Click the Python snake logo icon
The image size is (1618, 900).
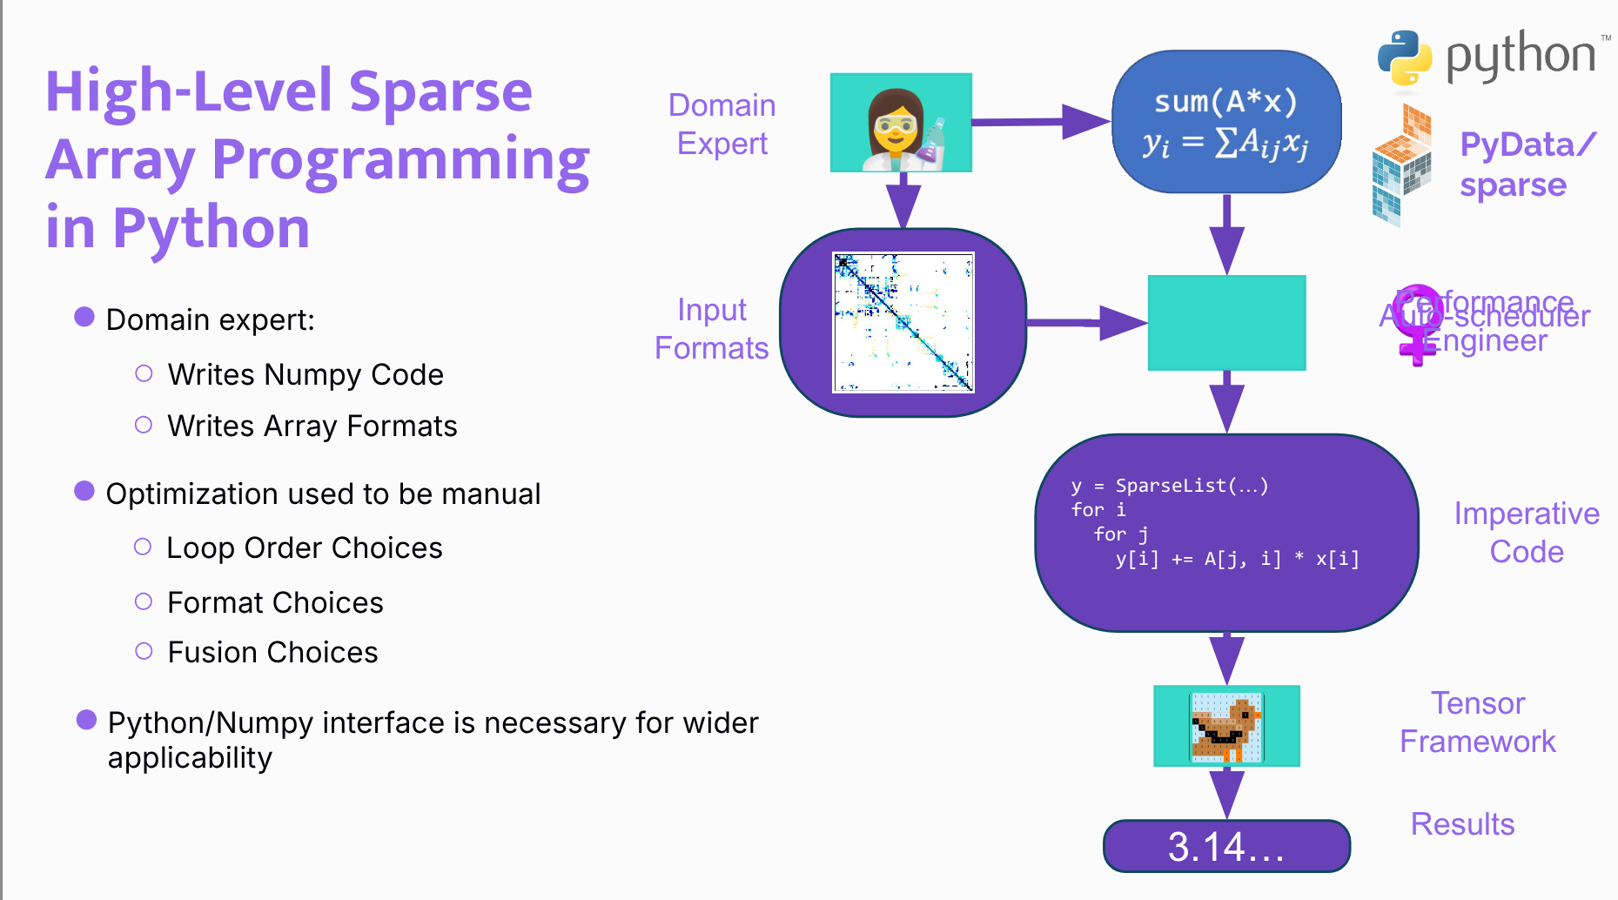click(1404, 57)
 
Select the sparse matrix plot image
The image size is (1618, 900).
click(903, 323)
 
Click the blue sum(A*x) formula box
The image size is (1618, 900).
click(1225, 122)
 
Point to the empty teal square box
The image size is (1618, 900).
click(1226, 323)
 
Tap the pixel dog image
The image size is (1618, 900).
click(1226, 726)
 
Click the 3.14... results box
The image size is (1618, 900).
click(1225, 846)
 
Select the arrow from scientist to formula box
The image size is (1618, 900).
click(1040, 122)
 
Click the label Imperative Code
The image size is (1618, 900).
click(1526, 533)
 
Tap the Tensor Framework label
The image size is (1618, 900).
click(1477, 722)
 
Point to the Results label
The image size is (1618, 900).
click(1462, 824)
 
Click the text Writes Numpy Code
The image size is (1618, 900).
click(305, 374)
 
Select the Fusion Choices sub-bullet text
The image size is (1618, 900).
click(272, 652)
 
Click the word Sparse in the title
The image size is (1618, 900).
click(440, 91)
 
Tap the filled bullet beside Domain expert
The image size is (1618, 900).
click(84, 317)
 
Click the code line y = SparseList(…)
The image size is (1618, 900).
click(1170, 486)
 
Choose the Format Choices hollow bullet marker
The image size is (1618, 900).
click(144, 601)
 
